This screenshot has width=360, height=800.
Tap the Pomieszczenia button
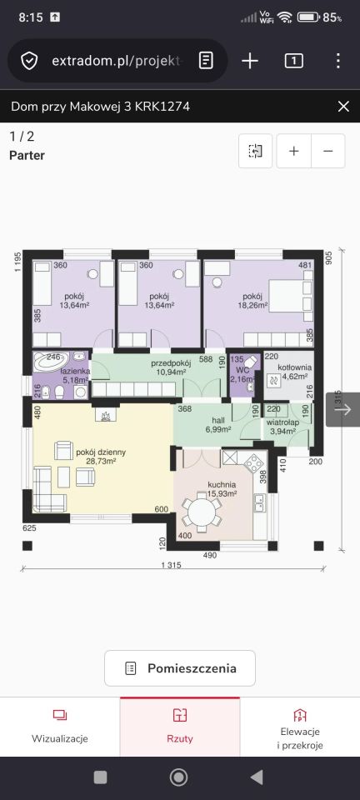point(180,667)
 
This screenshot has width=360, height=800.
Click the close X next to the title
point(343,107)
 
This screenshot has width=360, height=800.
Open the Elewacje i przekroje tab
point(300,731)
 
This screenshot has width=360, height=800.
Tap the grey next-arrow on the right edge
point(343,409)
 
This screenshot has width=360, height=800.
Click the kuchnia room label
point(222,484)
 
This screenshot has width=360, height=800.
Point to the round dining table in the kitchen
point(202,511)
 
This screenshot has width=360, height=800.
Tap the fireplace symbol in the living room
point(106,414)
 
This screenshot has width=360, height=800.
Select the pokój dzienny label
point(101,452)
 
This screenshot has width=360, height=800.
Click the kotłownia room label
point(295,367)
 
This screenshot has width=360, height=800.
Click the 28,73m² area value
point(102,461)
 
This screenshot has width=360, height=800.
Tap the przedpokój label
point(171,363)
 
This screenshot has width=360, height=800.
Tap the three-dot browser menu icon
point(338,61)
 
